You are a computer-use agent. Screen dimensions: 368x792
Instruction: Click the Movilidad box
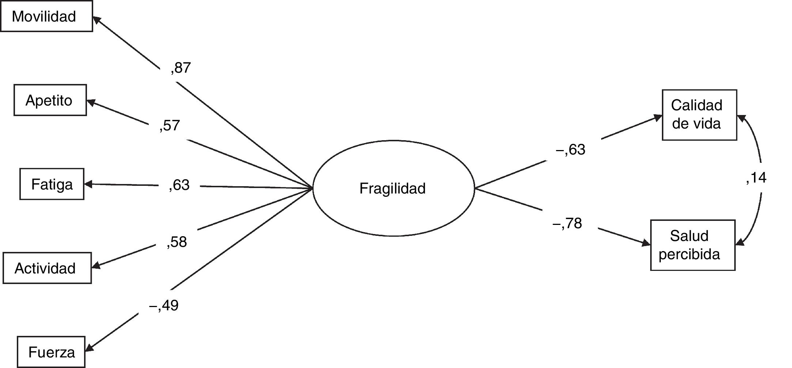(46, 16)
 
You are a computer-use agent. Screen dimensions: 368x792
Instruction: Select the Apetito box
(50, 100)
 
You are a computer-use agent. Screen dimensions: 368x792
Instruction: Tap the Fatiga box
(52, 184)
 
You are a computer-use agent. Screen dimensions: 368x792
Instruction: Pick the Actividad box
(47, 268)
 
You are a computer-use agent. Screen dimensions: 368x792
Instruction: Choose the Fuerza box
(51, 352)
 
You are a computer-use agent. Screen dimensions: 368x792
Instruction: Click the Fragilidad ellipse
(393, 188)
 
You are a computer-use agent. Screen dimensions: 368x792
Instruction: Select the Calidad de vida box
(699, 115)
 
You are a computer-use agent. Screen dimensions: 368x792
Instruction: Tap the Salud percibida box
(692, 245)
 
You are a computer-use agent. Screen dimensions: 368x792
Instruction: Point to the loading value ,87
(181, 68)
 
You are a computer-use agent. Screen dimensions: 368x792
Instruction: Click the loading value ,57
(170, 126)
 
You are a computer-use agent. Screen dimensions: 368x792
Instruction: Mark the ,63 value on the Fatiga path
(179, 185)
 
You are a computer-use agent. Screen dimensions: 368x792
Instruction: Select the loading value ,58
(177, 242)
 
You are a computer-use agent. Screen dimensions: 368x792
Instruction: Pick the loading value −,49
(164, 305)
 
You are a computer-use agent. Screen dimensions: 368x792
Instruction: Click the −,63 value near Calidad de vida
(570, 150)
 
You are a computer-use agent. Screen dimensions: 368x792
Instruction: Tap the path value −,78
(567, 223)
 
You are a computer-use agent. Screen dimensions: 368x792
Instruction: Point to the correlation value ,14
(756, 178)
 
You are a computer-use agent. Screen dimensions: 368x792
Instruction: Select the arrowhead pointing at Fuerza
(89, 348)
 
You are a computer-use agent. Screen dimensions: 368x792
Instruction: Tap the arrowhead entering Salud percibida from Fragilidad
(647, 244)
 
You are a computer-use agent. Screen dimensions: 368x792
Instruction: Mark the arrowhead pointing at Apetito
(90, 103)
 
